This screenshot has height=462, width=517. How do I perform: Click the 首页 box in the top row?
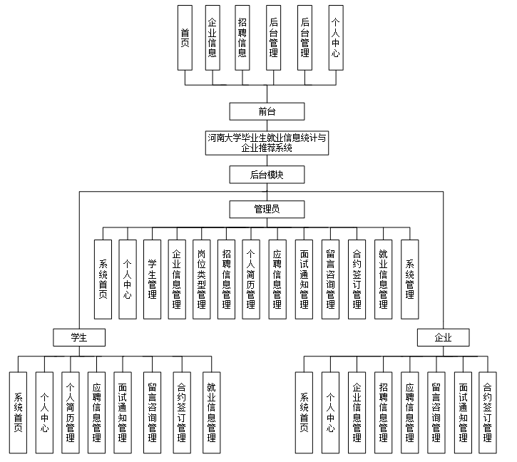click(x=185, y=37)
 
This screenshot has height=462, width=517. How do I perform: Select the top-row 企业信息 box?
click(x=212, y=37)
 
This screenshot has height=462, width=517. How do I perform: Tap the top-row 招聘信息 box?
click(x=242, y=37)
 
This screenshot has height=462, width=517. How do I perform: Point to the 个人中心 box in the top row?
click(x=336, y=37)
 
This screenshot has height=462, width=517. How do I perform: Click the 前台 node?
click(x=267, y=111)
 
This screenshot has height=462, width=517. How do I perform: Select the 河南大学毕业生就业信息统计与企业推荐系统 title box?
click(x=267, y=143)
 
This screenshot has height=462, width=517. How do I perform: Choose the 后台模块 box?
click(x=267, y=175)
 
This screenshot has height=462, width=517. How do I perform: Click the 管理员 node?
click(x=267, y=209)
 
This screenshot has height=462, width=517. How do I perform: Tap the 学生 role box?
click(x=78, y=337)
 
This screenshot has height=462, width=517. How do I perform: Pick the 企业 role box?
click(x=443, y=337)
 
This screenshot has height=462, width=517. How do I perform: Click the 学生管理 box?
click(x=152, y=279)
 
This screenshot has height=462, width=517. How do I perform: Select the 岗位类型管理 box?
click(x=201, y=279)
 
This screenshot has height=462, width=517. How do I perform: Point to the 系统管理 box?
click(x=409, y=279)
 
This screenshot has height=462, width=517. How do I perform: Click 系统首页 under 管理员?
click(x=103, y=279)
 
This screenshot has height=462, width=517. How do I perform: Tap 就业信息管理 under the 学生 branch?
click(x=211, y=413)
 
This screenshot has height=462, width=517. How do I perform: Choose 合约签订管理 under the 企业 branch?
click(x=488, y=413)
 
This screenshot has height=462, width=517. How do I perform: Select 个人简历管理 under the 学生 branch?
click(x=70, y=413)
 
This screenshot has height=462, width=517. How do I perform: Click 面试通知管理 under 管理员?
click(x=304, y=279)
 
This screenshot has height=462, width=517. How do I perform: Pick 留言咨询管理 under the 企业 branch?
click(x=436, y=413)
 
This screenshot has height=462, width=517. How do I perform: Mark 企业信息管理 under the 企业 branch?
click(x=357, y=413)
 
